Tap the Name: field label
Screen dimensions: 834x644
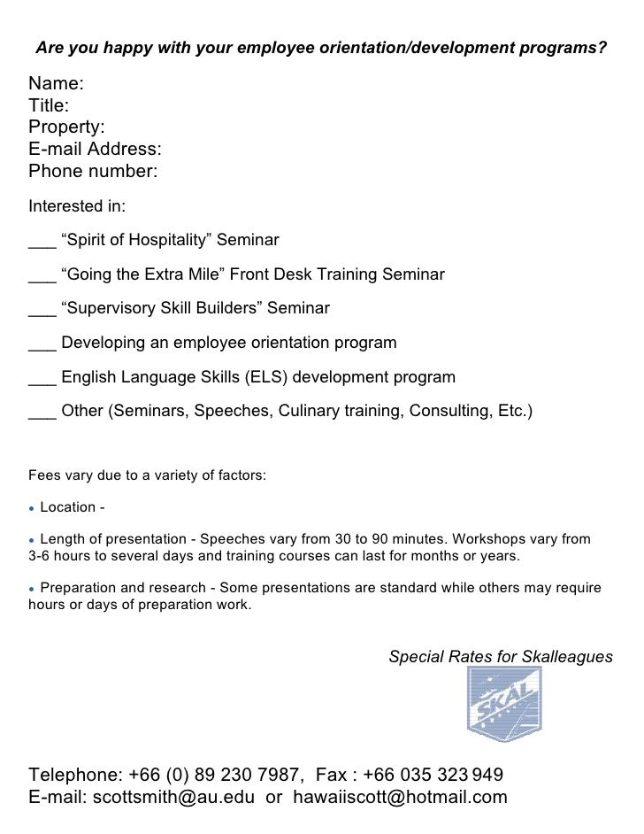tap(57, 84)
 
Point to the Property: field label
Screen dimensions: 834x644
tap(67, 127)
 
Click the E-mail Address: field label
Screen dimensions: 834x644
tap(96, 148)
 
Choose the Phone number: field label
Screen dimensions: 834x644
tap(94, 169)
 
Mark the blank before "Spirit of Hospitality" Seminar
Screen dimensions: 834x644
tap(42, 245)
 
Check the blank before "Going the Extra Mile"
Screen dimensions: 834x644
tap(42, 279)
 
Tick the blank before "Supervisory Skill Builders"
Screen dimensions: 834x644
tap(42, 313)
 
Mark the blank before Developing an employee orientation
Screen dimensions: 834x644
tap(42, 346)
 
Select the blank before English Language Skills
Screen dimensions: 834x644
tap(42, 382)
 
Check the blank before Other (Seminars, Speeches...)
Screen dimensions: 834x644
tap(42, 415)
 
